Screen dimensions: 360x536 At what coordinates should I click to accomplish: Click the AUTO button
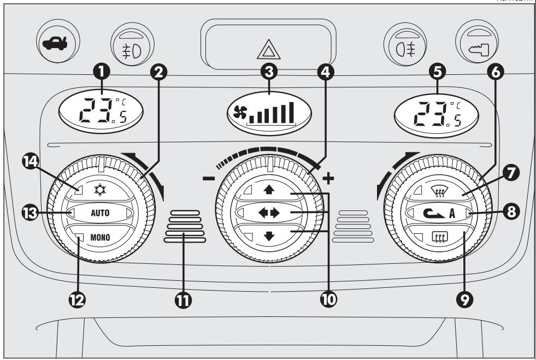click(99, 213)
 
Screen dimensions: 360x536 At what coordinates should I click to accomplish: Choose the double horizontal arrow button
click(268, 212)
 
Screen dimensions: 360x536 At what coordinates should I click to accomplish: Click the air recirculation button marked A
click(435, 213)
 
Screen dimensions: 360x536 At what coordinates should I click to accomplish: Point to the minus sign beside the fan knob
click(208, 179)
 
